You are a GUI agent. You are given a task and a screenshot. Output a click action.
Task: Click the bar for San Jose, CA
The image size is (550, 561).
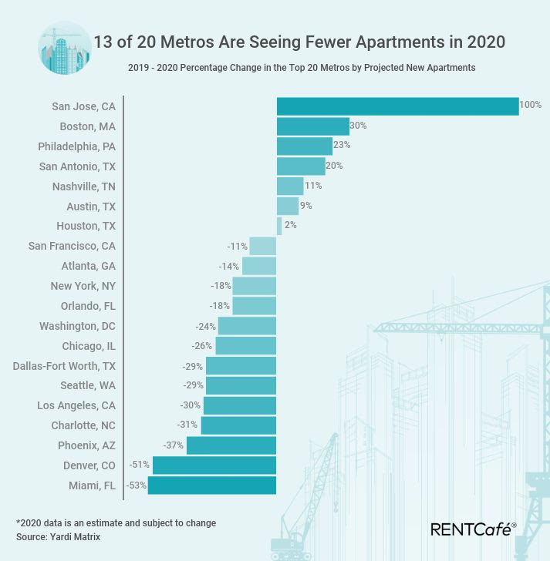pyautogui.click(x=397, y=106)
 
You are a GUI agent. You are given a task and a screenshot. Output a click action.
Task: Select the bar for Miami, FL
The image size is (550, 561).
pyautogui.click(x=212, y=485)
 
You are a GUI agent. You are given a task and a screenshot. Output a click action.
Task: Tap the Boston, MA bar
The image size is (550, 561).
pyautogui.click(x=313, y=126)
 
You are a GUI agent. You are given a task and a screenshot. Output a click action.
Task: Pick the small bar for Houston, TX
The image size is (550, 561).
pyautogui.click(x=279, y=226)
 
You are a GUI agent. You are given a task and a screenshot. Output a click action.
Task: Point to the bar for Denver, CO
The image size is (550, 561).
pyautogui.click(x=214, y=465)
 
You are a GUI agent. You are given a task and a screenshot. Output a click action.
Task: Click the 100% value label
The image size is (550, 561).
pyautogui.click(x=531, y=105)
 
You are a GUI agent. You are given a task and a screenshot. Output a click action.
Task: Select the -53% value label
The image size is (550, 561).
pyautogui.click(x=136, y=485)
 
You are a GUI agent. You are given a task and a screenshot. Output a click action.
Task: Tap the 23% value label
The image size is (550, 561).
pyautogui.click(x=342, y=145)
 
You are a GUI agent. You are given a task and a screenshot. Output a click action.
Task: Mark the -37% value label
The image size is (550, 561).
pyautogui.click(x=173, y=445)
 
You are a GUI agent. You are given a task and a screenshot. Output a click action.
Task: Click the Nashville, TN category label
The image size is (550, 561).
pyautogui.click(x=84, y=186)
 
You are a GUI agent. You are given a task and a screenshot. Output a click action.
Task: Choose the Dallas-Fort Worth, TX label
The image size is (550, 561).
pyautogui.click(x=64, y=366)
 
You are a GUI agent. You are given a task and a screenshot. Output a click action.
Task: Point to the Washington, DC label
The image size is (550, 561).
pyautogui.click(x=77, y=326)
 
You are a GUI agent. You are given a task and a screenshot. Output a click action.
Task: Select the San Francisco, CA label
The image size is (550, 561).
pyautogui.click(x=72, y=246)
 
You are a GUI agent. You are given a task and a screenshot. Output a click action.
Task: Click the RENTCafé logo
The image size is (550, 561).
pyautogui.click(x=473, y=529)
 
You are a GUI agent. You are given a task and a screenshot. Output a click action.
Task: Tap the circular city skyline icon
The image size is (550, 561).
pyautogui.click(x=64, y=49)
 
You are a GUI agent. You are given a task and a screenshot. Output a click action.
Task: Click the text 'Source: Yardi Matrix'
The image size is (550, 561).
pyautogui.click(x=59, y=536)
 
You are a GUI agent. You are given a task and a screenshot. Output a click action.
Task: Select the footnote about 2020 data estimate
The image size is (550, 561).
pyautogui.click(x=116, y=522)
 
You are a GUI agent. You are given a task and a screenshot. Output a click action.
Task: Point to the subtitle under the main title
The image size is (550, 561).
pyautogui.click(x=302, y=68)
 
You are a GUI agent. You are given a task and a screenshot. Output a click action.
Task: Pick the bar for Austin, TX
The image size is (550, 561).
pyautogui.click(x=288, y=206)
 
